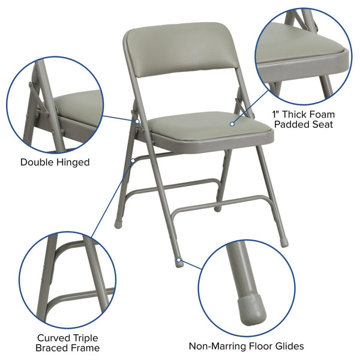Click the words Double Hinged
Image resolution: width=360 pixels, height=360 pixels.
[x=55, y=162]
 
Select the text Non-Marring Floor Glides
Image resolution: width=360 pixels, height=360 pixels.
[x=246, y=346]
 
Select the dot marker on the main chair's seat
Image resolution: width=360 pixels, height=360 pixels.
[x=231, y=124]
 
